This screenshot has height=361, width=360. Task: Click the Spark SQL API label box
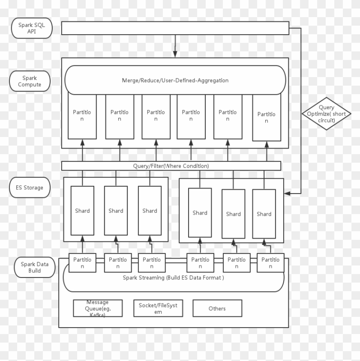[32, 28]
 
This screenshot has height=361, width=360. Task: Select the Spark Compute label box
[30, 81]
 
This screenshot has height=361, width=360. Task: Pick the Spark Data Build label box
[35, 267]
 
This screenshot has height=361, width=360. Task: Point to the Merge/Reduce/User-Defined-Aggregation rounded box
[175, 80]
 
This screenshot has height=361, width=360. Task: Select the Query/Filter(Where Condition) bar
[171, 166]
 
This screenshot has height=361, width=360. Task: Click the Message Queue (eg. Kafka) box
[98, 308]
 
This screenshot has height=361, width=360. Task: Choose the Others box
[217, 308]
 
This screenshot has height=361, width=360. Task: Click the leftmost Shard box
[82, 210]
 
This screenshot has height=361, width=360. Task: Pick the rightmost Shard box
[264, 213]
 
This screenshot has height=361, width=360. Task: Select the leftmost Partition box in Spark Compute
[82, 116]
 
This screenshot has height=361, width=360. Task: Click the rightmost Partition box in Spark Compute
[267, 117]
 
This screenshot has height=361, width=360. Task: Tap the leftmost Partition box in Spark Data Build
[82, 263]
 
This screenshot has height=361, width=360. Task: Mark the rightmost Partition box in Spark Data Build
[270, 263]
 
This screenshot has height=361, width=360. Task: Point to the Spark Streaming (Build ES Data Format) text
[173, 277]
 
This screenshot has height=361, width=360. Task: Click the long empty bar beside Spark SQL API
[175, 28]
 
